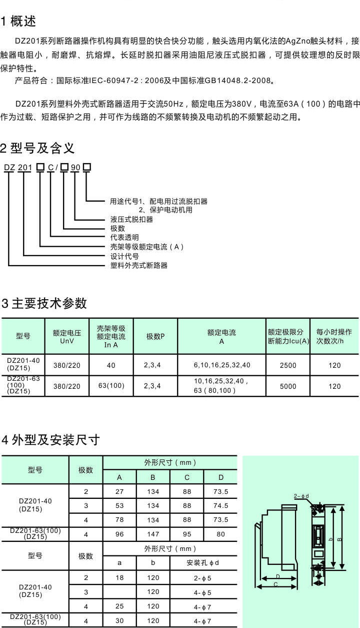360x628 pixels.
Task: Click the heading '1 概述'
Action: (x=18, y=22)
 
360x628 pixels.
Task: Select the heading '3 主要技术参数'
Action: (x=44, y=303)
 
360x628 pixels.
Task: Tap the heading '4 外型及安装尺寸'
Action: (x=51, y=440)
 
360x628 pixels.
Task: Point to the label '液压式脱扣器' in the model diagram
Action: (x=131, y=219)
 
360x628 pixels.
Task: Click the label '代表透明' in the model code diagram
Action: (x=124, y=237)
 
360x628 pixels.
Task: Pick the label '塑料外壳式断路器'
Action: (x=138, y=265)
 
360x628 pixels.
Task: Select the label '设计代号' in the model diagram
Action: (x=124, y=256)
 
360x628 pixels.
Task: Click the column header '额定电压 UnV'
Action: (x=67, y=336)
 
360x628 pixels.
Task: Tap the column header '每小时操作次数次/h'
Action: (x=334, y=336)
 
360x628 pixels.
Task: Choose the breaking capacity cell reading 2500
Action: (x=288, y=365)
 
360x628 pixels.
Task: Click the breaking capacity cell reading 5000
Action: (x=288, y=386)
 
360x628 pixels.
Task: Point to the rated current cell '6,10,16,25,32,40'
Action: (x=222, y=365)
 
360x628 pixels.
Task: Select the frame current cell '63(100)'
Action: (x=111, y=386)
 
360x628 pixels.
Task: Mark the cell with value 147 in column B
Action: (x=153, y=534)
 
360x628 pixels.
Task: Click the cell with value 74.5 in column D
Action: (x=220, y=506)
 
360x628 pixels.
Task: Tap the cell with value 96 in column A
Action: (x=119, y=534)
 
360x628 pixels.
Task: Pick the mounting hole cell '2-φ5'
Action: (x=203, y=578)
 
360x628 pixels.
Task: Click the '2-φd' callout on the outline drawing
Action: (x=301, y=496)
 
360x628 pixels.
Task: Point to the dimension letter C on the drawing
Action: (x=275, y=584)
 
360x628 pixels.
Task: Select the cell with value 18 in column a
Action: (x=119, y=578)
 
